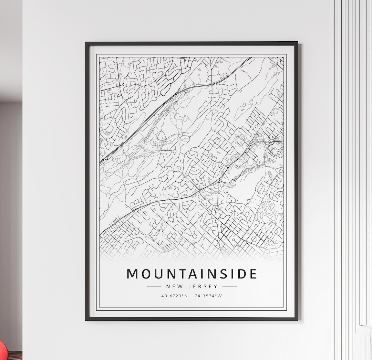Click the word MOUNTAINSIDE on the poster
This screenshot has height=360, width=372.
(x=192, y=274)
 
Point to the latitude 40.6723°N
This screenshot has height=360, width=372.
(x=174, y=296)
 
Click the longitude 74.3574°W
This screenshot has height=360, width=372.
(x=209, y=296)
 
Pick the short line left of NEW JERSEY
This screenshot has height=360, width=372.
(x=154, y=286)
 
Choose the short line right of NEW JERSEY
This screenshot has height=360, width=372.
(x=229, y=286)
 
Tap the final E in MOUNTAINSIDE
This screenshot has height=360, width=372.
(x=253, y=274)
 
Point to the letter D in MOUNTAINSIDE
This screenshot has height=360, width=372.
(x=241, y=274)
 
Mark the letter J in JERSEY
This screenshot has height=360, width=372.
(x=190, y=286)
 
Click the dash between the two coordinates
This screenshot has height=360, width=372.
(x=192, y=296)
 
